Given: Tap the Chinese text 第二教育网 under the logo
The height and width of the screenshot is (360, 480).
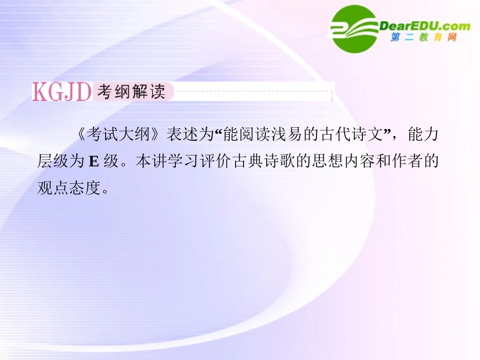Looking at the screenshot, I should [423, 38].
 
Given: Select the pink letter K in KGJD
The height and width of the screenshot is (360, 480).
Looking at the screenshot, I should [39, 91].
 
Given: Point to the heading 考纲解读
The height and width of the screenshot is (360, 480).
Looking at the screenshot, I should [131, 91].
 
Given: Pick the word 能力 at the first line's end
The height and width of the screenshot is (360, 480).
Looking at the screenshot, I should [423, 136].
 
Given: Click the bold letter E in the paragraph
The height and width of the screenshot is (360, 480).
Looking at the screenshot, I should [93, 162].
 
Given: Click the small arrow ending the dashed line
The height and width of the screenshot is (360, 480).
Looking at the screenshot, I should [331, 96].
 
